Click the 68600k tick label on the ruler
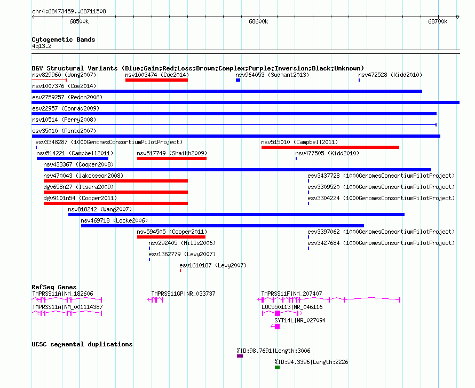[258, 21]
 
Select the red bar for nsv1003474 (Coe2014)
[156, 80]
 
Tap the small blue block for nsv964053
[238, 80]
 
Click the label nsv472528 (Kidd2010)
[390, 75]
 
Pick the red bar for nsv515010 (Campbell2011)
[330, 147]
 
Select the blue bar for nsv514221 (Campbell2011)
[73, 159]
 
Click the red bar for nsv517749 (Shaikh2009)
[172, 159]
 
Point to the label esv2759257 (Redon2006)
[67, 97]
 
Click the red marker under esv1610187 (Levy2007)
[180, 271]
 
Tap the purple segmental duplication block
[240, 356]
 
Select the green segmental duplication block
[277, 367]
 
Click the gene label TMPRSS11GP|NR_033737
[183, 294]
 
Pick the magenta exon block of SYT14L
[277, 327]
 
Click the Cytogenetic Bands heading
[64, 39]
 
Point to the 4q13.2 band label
[42, 46]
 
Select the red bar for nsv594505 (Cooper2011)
[171, 237]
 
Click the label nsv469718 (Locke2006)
[114, 220]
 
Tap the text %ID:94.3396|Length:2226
[311, 362]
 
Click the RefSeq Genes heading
[54, 287]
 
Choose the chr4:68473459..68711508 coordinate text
[69, 11]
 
